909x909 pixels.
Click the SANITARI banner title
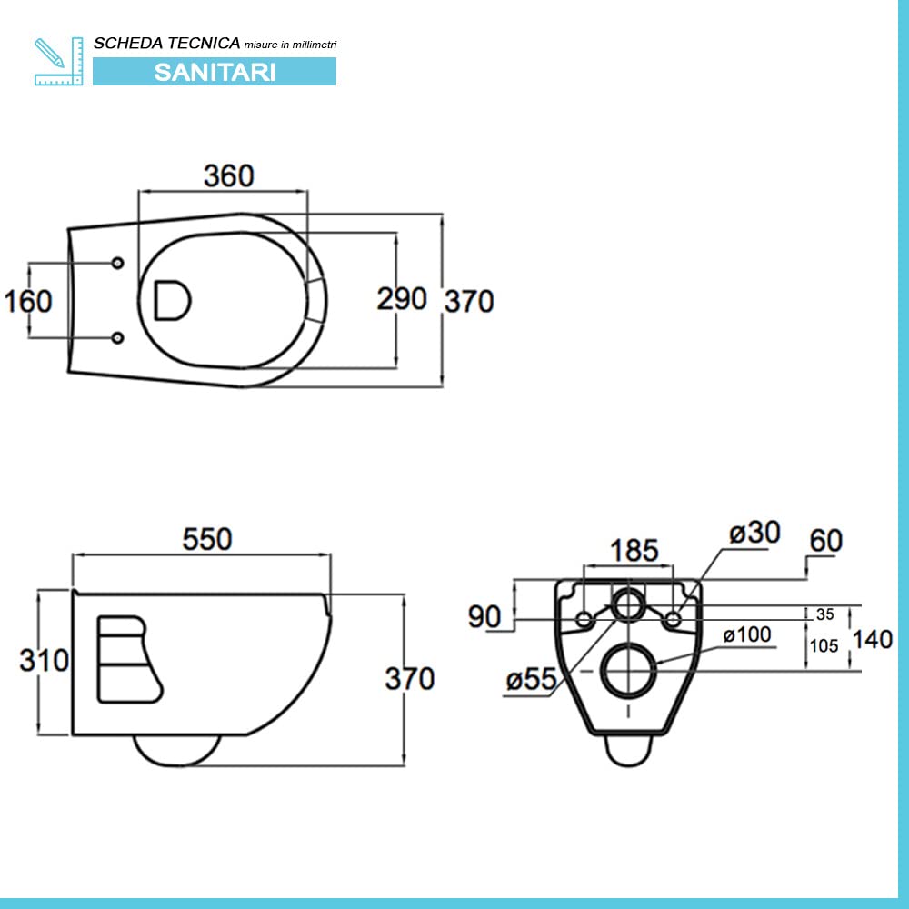(x=215, y=72)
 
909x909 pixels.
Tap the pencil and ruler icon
(x=58, y=62)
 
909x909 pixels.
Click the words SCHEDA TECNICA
(x=167, y=44)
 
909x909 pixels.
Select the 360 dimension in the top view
(x=229, y=175)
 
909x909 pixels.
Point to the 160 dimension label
(x=28, y=302)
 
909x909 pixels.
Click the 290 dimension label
(x=402, y=299)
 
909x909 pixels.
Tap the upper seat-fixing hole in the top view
(x=117, y=264)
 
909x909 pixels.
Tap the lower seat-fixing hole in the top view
(x=117, y=337)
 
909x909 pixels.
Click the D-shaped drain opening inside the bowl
(x=172, y=300)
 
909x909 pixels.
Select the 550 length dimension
(x=207, y=539)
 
